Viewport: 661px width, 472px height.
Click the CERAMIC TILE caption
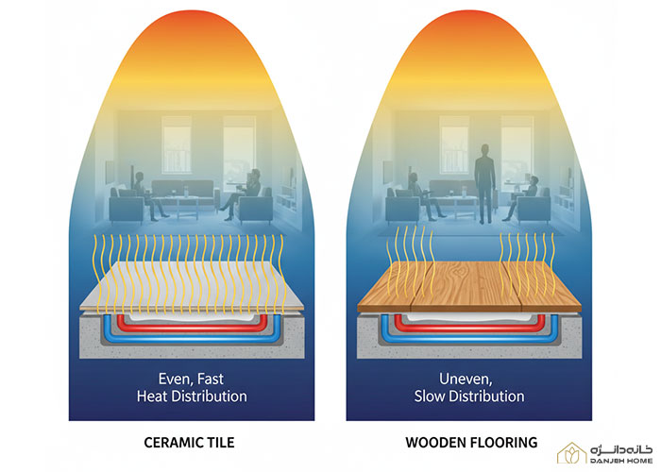point(189,443)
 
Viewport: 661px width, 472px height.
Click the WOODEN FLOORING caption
point(471,443)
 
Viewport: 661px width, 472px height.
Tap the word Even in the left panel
point(174,379)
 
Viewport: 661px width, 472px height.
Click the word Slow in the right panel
point(429,396)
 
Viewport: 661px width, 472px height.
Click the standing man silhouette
point(485,184)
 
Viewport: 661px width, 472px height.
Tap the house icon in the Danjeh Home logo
point(572,453)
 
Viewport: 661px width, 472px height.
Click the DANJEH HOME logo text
point(621,461)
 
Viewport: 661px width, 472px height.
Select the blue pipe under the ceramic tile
point(192,337)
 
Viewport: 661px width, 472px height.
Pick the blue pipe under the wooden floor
point(469,337)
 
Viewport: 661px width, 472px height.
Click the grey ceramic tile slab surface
point(192,287)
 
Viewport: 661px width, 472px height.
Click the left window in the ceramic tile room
point(177,144)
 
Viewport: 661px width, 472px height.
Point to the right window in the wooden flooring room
point(517,144)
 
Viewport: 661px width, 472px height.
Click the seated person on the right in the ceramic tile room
point(245,194)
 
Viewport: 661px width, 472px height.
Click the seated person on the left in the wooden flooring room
point(423,196)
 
